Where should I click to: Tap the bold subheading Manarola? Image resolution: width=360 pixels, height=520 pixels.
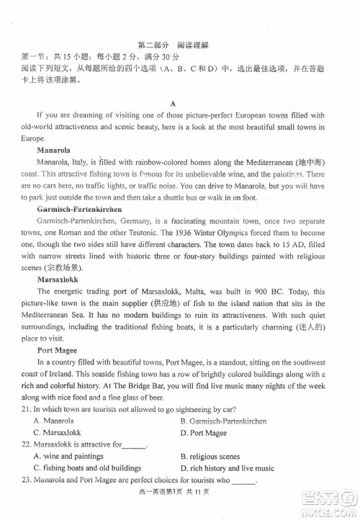53,151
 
